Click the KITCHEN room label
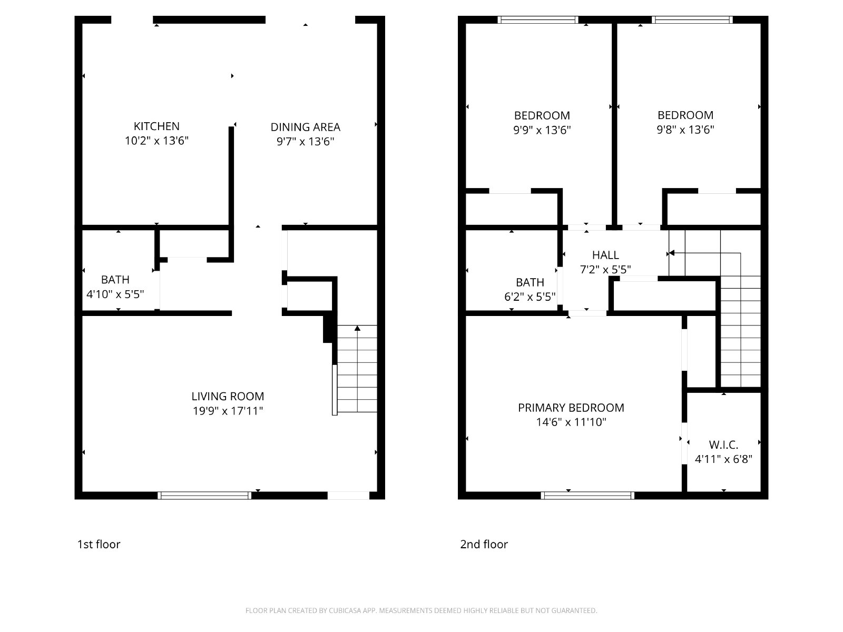pos(156,126)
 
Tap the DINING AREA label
pos(305,127)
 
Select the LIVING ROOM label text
pos(228,397)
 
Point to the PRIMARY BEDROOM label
pos(571,408)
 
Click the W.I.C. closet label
pos(723,445)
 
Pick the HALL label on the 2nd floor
pos(605,255)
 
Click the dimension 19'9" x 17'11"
pos(228,411)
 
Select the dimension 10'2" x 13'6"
pos(156,141)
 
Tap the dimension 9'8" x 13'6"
pos(685,130)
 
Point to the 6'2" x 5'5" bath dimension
pos(530,297)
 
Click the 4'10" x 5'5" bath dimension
pos(115,294)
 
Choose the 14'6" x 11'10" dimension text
pos(571,422)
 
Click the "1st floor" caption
pos(99,544)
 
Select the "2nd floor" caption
pos(484,544)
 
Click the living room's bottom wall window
pos(204,496)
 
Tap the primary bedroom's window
pos(587,496)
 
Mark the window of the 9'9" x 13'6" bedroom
pos(538,19)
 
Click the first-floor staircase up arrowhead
pos(357,328)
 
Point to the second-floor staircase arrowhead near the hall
pos(671,253)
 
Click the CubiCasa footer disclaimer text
pos(421,610)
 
